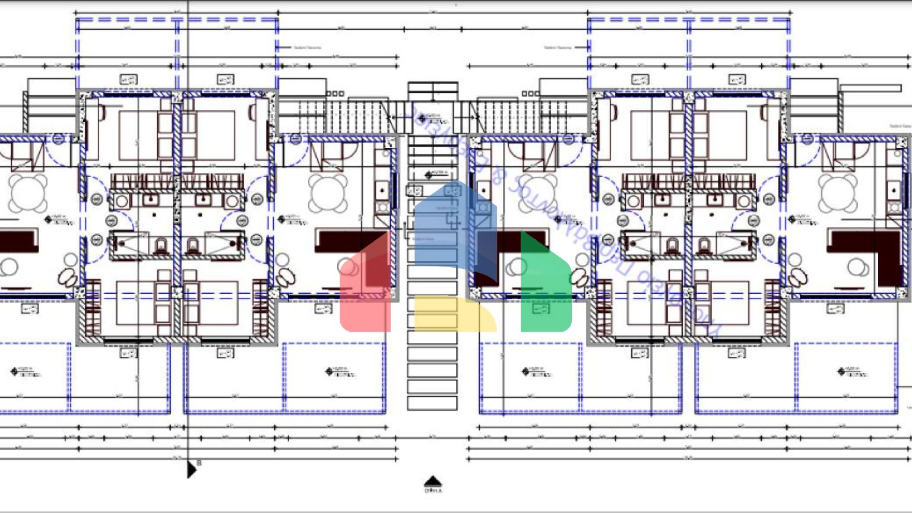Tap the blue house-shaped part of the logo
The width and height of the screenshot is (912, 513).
[454, 226]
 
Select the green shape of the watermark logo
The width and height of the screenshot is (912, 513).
[545, 285]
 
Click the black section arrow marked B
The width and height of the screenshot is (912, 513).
[191, 470]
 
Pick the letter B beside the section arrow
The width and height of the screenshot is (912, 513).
[199, 463]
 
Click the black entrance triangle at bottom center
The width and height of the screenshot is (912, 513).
[433, 481]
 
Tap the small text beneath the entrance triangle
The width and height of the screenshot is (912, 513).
[433, 491]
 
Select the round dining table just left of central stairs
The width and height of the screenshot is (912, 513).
[328, 193]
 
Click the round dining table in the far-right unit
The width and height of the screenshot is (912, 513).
[838, 193]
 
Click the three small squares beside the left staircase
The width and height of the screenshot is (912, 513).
[335, 93]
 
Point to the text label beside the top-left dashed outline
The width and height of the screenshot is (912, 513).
[307, 47]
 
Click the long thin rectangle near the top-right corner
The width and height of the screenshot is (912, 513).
[870, 88]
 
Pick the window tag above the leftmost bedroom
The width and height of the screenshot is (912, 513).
[128, 80]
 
